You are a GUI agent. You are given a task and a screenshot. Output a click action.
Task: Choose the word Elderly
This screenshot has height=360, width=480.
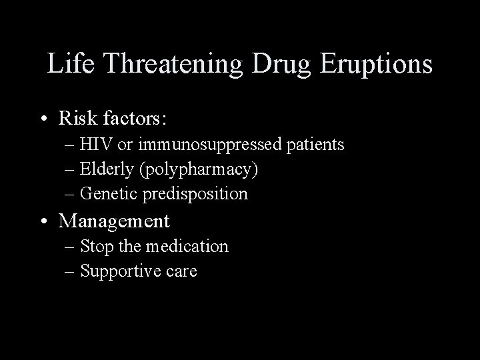point(107,169)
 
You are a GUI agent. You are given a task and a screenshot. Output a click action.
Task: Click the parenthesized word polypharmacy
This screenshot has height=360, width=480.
point(198,170)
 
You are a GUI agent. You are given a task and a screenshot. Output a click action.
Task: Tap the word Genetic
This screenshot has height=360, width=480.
point(107,194)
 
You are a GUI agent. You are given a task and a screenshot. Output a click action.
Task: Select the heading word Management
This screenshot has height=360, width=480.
point(114,221)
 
